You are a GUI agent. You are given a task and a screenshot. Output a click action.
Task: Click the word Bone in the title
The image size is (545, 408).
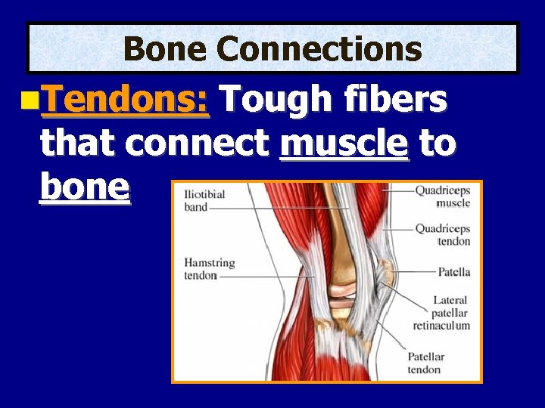click(x=164, y=49)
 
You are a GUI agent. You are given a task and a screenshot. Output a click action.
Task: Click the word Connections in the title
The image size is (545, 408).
click(x=318, y=49)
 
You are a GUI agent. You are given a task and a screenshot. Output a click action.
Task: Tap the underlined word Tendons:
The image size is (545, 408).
click(x=125, y=99)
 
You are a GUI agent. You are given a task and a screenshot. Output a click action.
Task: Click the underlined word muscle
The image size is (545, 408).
click(x=344, y=144)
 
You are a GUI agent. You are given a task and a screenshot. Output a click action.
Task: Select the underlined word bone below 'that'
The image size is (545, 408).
click(x=85, y=187)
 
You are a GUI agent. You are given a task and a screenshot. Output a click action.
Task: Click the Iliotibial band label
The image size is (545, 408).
click(x=204, y=200)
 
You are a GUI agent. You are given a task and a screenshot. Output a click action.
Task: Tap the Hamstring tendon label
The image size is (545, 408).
click(x=209, y=269)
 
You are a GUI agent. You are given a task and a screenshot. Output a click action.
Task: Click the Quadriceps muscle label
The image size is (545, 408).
click(x=442, y=196)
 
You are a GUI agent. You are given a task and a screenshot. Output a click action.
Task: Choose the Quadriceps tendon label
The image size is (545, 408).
click(x=442, y=235)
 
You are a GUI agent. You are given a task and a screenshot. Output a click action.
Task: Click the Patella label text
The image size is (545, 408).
click(x=453, y=272)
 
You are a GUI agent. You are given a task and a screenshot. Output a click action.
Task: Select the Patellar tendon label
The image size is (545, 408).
click(x=426, y=363)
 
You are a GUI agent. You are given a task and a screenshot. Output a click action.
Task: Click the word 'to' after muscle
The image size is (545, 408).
click(x=438, y=144)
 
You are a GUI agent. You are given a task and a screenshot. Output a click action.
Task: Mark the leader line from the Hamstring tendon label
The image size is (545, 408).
click(x=265, y=277)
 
